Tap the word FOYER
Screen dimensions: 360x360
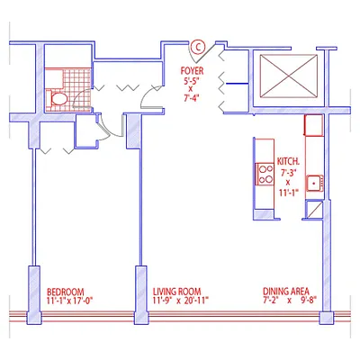[x=190, y=70]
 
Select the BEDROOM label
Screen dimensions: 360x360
[x=65, y=292]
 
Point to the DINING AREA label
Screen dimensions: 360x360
[x=286, y=292]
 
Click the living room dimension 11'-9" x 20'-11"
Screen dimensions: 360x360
[x=180, y=301]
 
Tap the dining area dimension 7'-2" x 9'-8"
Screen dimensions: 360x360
[x=290, y=301]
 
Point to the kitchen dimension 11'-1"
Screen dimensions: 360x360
[x=289, y=193]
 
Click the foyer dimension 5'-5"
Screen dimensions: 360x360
[x=190, y=81]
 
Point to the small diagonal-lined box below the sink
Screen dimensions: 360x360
[x=314, y=211]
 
